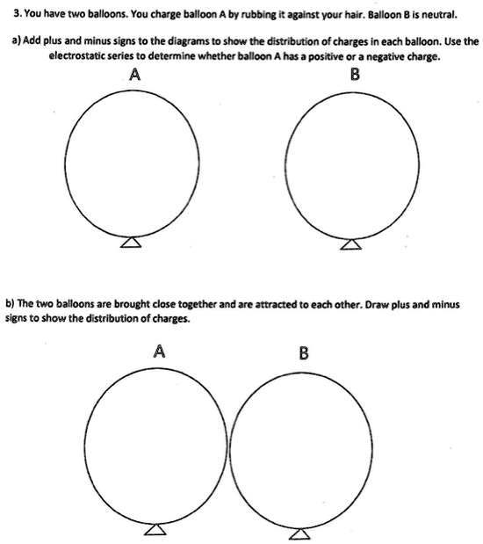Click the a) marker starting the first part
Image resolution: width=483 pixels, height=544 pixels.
tap(11, 40)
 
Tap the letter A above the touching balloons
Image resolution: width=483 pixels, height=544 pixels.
tap(159, 352)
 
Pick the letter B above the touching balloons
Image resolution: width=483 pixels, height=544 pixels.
tap(304, 353)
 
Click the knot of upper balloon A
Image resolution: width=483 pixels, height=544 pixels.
tap(131, 243)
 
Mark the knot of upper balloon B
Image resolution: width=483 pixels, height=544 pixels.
tap(351, 243)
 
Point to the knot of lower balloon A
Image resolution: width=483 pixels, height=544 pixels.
tap(156, 528)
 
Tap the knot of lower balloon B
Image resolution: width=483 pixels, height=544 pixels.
tap(300, 531)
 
